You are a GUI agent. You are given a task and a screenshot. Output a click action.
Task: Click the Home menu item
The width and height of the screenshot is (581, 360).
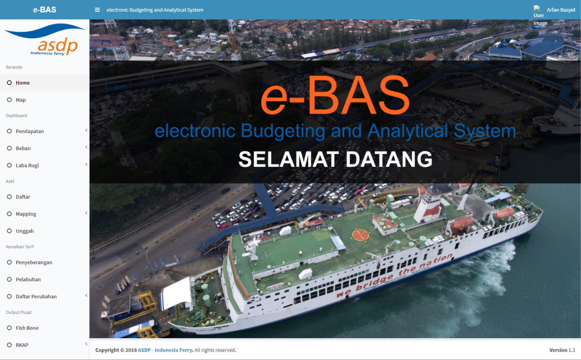22,83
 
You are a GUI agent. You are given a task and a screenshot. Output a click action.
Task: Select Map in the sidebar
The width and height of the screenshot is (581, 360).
20,100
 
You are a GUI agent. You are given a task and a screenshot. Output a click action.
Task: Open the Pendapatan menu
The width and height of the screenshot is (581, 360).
30,131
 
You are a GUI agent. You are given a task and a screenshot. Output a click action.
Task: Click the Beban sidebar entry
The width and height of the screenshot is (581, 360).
23,148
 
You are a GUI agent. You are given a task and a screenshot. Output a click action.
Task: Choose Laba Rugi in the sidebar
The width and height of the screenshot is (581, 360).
27,166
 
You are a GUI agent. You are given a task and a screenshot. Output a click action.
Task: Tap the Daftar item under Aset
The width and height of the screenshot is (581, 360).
23,197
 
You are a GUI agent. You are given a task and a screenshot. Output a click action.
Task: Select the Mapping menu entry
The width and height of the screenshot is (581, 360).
26,214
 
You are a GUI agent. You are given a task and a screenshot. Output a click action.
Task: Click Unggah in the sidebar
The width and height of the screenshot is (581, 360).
25,231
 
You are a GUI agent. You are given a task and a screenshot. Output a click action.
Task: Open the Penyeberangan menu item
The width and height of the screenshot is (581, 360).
34,263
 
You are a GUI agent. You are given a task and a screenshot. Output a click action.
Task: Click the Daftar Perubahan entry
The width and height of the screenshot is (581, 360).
36,297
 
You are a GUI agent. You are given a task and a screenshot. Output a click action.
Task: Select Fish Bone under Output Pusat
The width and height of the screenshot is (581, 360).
27,328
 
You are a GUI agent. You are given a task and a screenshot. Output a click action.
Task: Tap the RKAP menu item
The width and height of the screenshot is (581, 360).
22,345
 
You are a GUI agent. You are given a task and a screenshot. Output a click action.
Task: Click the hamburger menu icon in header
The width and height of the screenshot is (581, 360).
97,10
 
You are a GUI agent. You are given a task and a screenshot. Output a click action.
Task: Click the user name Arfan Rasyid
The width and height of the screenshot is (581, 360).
561,10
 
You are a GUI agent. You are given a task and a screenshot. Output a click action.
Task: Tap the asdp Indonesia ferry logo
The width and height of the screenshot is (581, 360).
44,39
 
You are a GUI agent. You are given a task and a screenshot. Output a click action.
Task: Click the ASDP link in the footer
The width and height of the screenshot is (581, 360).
144,350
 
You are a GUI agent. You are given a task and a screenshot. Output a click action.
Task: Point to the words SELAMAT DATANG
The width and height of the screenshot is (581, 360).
335,159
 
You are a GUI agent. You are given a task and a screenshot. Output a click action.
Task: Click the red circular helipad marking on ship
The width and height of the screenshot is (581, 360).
360,235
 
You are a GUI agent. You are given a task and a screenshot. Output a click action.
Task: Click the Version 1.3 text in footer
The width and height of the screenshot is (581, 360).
562,350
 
